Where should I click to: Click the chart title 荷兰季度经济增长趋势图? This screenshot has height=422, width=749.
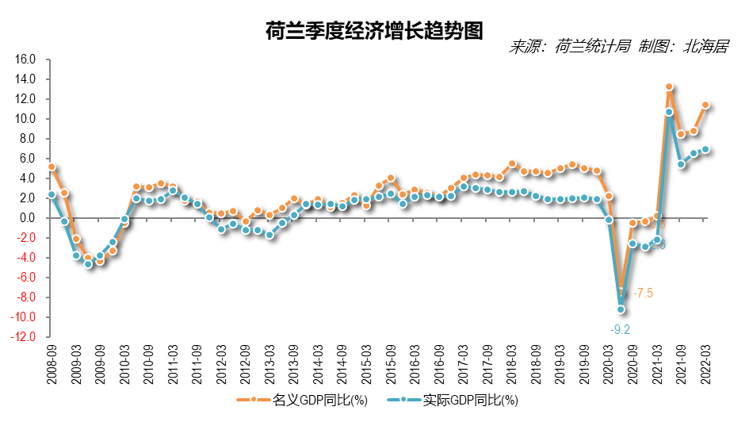(x=374, y=30)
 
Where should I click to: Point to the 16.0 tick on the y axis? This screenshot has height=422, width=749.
(x=26, y=59)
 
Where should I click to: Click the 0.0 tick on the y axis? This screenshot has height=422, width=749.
(x=29, y=218)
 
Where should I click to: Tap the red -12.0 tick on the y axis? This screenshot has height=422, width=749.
(x=24, y=337)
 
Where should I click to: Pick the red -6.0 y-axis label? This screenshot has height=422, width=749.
(x=26, y=278)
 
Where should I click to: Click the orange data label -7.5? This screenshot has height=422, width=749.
(x=643, y=293)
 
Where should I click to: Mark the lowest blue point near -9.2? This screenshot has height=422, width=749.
(x=621, y=309)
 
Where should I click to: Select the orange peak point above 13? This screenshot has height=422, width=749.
(x=669, y=87)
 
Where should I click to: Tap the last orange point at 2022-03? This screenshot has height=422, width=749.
(x=705, y=105)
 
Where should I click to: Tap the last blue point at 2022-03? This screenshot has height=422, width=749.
(x=705, y=149)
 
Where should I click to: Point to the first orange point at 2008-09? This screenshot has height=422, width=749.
(x=52, y=167)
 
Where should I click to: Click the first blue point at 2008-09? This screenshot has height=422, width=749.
(x=52, y=194)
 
